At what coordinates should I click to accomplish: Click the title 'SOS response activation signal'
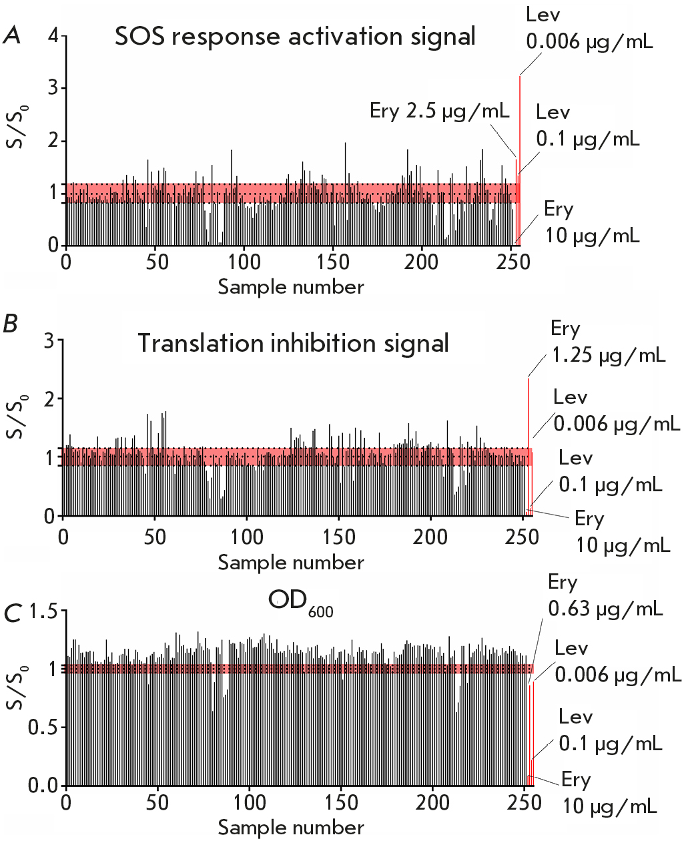coord(295,36)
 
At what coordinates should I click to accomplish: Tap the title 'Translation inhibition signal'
coord(293,343)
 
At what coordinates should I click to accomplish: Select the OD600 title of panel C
coord(300,602)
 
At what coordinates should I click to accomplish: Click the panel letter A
coord(12,35)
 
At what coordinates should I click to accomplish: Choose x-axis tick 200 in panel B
coord(430,536)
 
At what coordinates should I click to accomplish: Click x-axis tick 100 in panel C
coord(250,802)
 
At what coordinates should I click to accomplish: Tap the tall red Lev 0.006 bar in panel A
coord(520,160)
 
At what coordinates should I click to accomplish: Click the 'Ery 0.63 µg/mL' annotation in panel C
coord(605,595)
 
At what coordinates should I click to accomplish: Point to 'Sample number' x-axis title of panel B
coord(291,563)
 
